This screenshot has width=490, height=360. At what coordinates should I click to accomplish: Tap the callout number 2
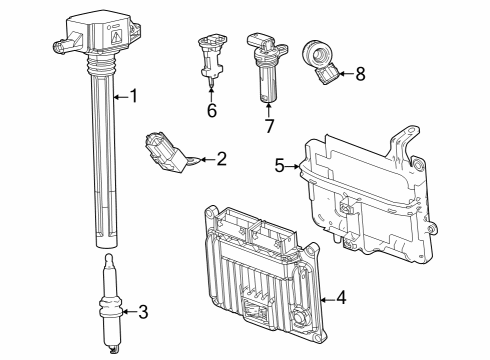coord(222,158)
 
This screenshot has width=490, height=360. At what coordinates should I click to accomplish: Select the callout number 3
coord(142,312)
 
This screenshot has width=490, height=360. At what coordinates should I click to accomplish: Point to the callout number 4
coord(341,297)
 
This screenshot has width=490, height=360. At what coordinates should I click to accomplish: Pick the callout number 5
coord(279,165)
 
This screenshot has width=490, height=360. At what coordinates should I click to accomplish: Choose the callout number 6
coord(211,110)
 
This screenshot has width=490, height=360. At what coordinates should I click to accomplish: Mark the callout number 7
coord(268,127)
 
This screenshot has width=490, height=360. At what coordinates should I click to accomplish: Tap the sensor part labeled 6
coord(209,56)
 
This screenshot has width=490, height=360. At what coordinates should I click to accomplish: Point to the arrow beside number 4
coord(326,297)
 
